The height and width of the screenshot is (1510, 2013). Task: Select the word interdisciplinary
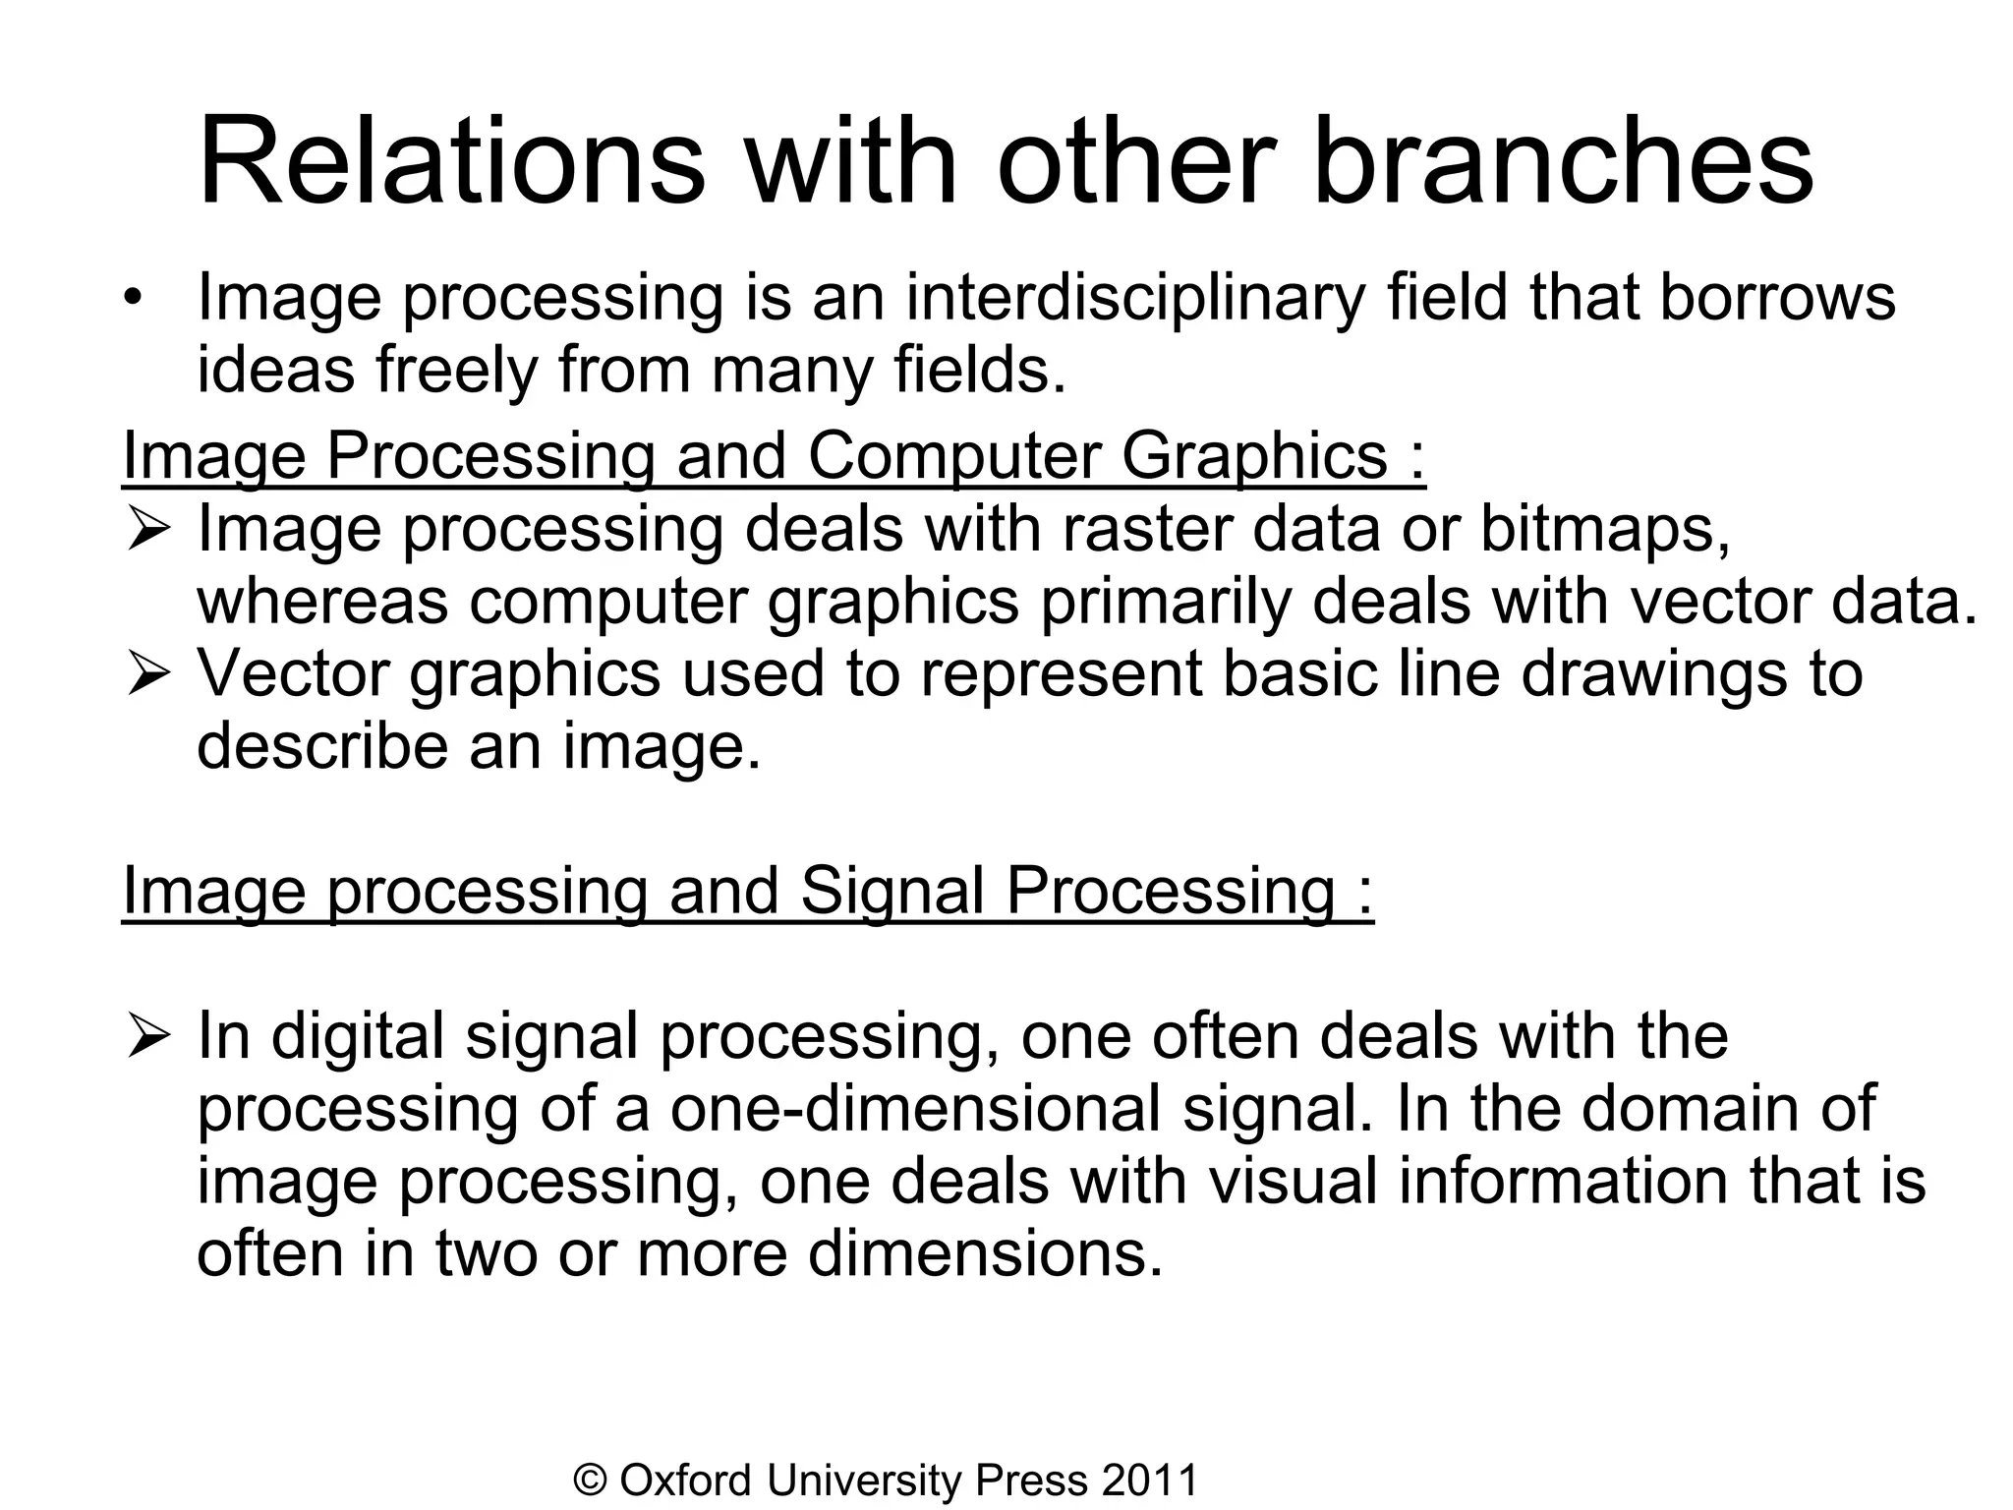[x=1134, y=297]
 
